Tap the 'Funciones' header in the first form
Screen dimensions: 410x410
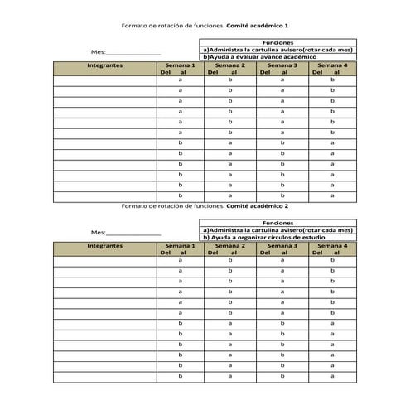tap(277, 42)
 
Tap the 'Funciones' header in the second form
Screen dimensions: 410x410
tap(277, 223)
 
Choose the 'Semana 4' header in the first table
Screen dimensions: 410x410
tap(332, 68)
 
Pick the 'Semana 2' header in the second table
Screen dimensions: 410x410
tap(230, 249)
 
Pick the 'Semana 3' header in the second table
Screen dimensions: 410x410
tap(282, 249)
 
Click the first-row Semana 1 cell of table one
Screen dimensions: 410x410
tap(180, 80)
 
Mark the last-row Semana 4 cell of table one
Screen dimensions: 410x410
tap(332, 195)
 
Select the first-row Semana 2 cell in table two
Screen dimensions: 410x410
tap(230, 261)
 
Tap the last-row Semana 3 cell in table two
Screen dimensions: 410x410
tap(282, 375)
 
